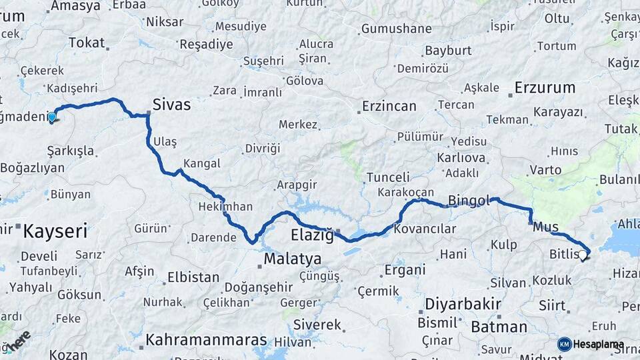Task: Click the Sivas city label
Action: (x=171, y=105)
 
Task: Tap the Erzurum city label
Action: (x=545, y=87)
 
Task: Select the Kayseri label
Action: (x=55, y=232)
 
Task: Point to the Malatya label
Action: (x=292, y=259)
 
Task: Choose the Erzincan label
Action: (x=389, y=106)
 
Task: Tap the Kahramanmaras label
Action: (x=207, y=339)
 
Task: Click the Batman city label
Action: (x=499, y=327)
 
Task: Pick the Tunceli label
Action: (x=388, y=177)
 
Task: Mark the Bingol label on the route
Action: (x=469, y=200)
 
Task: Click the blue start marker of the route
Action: (x=51, y=117)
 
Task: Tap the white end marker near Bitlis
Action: (x=583, y=255)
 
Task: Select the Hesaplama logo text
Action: (x=599, y=345)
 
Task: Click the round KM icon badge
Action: (x=565, y=344)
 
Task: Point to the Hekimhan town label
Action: (x=225, y=207)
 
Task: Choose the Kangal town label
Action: (x=201, y=163)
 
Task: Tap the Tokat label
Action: (x=87, y=43)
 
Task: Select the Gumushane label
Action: (x=396, y=29)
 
